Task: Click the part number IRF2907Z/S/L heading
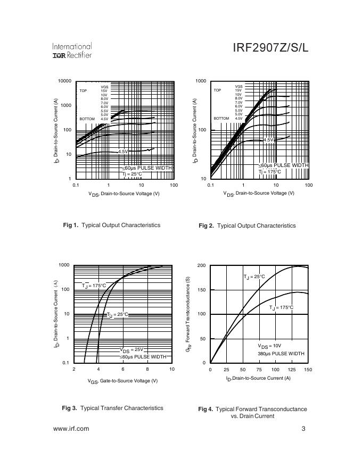pyautogui.click(x=270, y=48)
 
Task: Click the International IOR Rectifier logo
pyautogui.click(x=72, y=51)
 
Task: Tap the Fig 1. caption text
pyautogui.click(x=111, y=225)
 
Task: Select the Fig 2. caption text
pyautogui.click(x=247, y=225)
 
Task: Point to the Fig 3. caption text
pyautogui.click(x=112, y=408)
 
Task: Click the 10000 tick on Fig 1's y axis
pyautogui.click(x=64, y=81)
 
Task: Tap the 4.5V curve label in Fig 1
pyautogui.click(x=123, y=152)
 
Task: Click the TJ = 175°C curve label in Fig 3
pyautogui.click(x=94, y=286)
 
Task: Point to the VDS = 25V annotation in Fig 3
pyautogui.click(x=131, y=350)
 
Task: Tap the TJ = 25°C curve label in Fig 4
pyautogui.click(x=254, y=277)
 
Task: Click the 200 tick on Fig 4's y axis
pyautogui.click(x=201, y=265)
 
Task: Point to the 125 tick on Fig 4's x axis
pyautogui.click(x=292, y=369)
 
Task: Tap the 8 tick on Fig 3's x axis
pyautogui.click(x=147, y=369)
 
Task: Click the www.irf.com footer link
pyautogui.click(x=71, y=429)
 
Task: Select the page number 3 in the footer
pyautogui.click(x=303, y=429)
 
